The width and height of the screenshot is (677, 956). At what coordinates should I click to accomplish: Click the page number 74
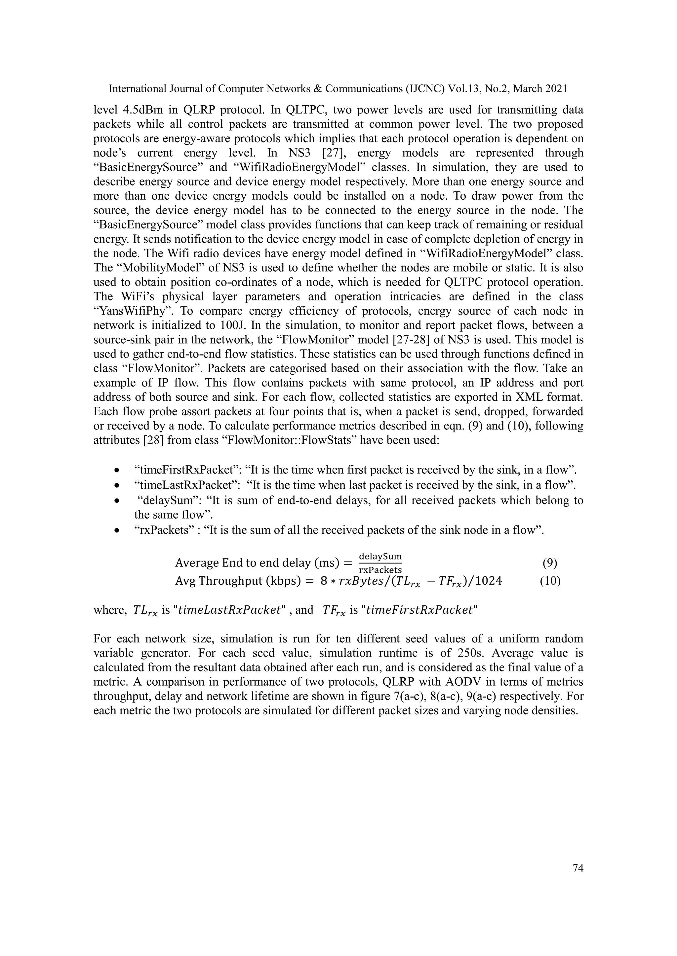click(578, 868)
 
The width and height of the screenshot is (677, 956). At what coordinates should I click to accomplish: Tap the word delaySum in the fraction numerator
click(380, 556)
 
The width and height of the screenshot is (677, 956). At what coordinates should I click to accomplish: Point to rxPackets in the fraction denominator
click(380, 569)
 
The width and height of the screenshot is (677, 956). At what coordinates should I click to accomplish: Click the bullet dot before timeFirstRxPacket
click(118, 470)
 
